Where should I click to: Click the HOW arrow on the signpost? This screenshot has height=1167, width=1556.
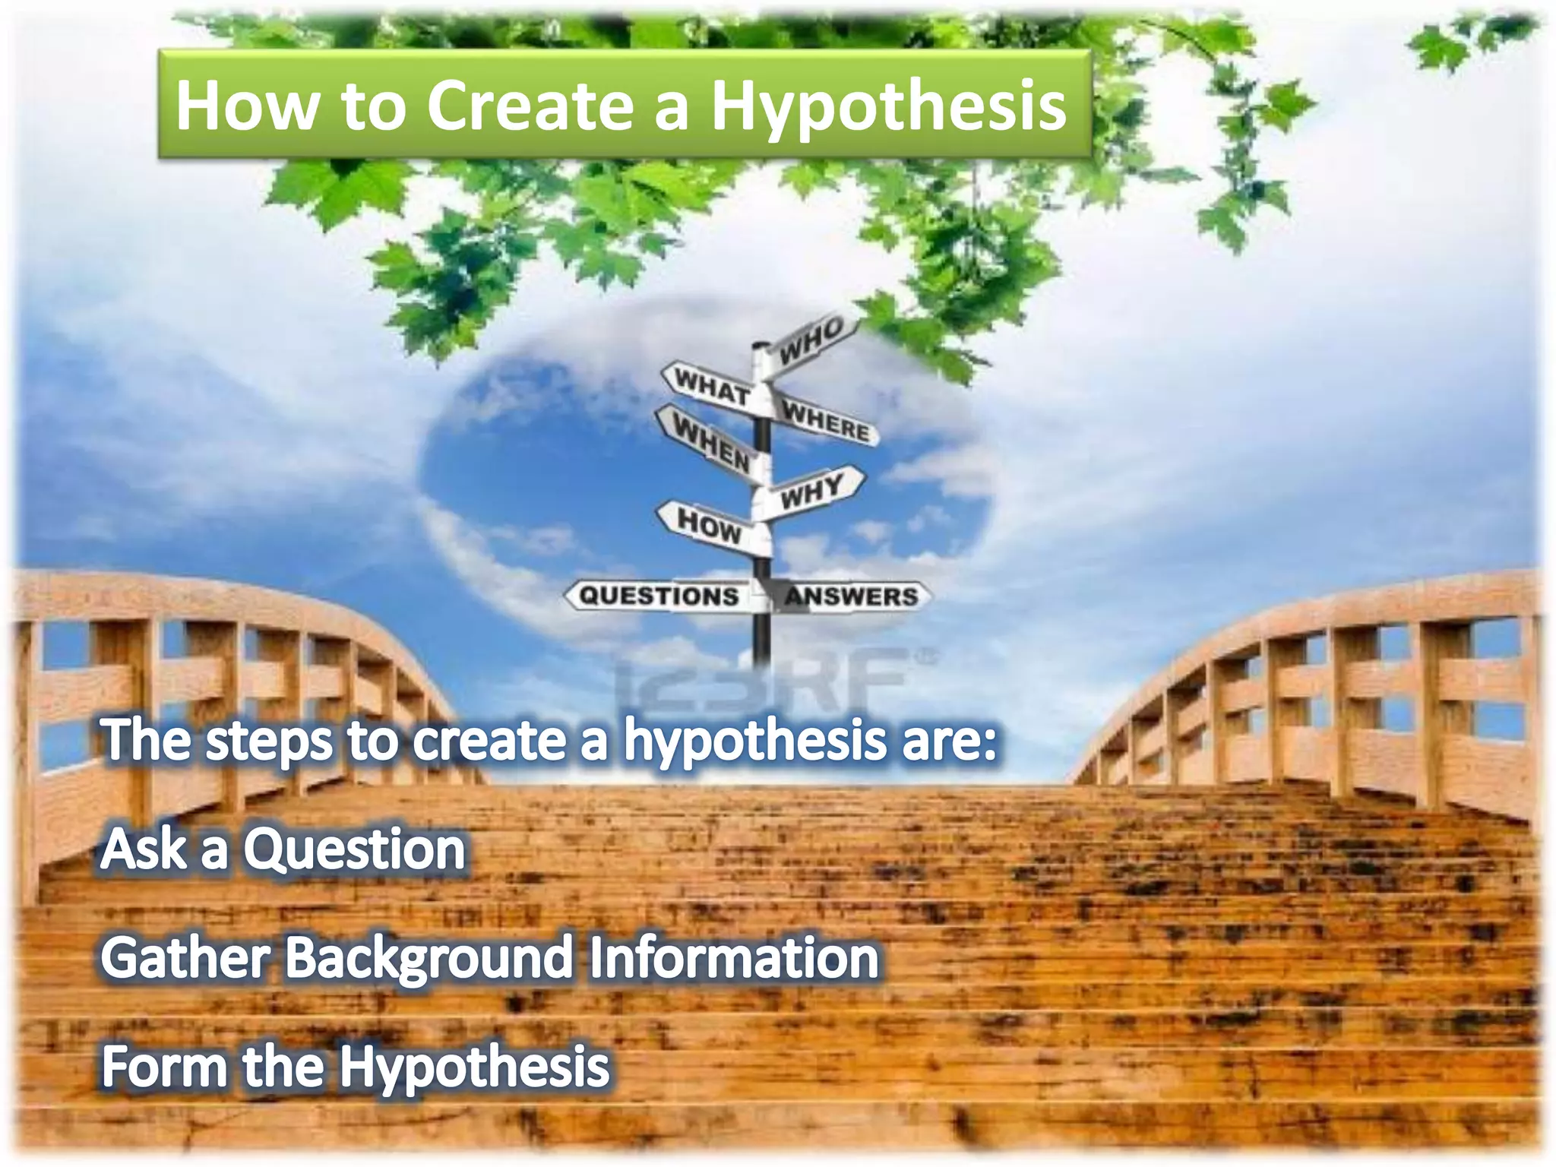point(709,525)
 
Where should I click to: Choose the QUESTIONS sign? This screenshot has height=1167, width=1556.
point(658,596)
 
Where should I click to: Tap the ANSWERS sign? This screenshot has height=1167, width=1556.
point(851,596)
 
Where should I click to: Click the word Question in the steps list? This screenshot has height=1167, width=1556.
point(354,849)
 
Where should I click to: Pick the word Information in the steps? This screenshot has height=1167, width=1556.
point(734,958)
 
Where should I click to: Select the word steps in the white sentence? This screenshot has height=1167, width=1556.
point(269,742)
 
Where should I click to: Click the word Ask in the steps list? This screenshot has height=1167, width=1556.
point(144,849)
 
